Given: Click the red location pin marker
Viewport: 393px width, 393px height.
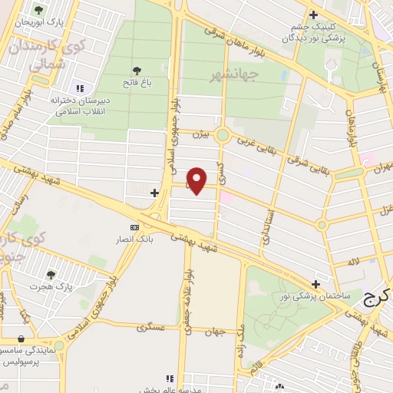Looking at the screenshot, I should click(197, 180).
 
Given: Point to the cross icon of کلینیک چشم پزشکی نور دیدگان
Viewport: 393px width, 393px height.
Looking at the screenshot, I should click(312, 15).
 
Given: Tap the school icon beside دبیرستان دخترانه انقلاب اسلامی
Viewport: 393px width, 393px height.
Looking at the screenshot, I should click(81, 88).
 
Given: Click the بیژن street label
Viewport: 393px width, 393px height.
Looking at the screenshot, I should click(200, 134).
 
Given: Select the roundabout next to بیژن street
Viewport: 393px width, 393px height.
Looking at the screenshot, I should click(223, 136).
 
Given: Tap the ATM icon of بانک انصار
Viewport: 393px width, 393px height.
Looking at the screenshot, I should click(135, 227).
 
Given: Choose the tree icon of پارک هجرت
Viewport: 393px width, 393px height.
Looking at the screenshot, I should click(51, 274).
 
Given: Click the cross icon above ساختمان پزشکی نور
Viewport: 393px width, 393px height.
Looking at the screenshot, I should click(315, 284).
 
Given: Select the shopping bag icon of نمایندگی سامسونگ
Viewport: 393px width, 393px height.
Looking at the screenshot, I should click(21, 339).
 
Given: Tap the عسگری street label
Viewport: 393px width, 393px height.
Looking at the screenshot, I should click(151, 327).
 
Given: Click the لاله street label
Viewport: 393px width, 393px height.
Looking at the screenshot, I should click(352, 263).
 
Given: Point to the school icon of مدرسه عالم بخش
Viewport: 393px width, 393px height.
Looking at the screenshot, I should click(170, 378).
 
